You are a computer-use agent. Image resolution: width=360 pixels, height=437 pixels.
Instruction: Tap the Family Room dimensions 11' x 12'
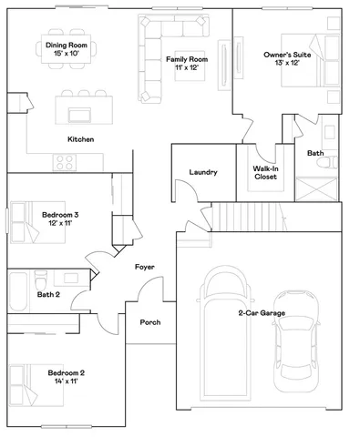[x=186, y=68]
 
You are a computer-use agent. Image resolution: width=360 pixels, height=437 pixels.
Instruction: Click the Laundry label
[x=202, y=173]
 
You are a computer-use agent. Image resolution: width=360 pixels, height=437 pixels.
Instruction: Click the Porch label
[x=150, y=323]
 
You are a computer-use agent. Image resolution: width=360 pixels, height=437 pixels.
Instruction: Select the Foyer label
[x=143, y=268]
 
